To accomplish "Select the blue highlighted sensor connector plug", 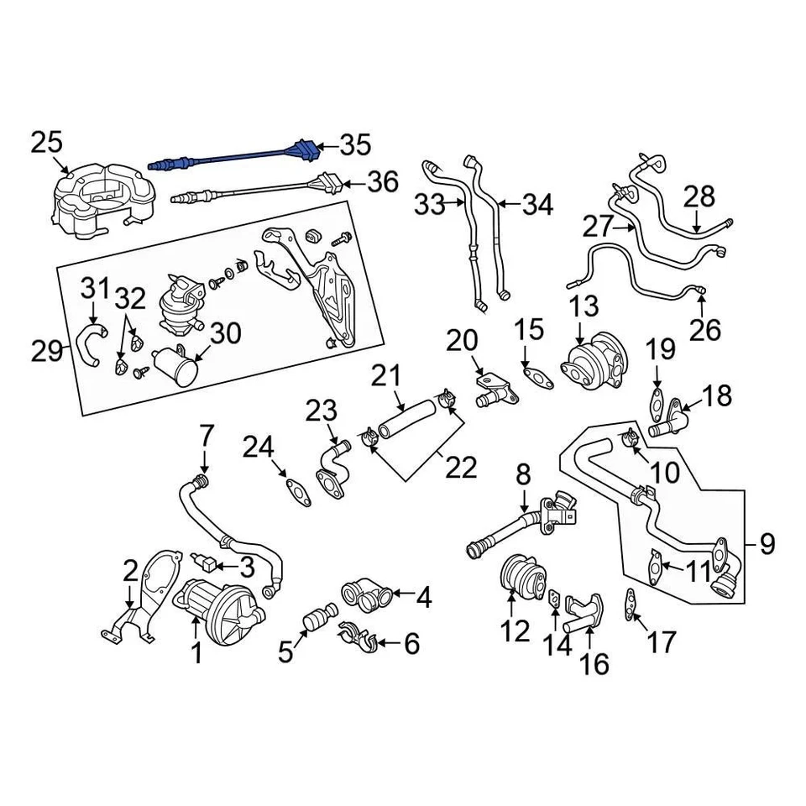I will pos(304,152).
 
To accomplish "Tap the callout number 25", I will pos(47,143).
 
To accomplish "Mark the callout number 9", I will pos(767,544).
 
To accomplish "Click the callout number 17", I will pos(661,642).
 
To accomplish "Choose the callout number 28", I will pos(699,196).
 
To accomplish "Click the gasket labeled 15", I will pos(536,377).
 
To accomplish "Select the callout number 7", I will pos(206,436).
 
